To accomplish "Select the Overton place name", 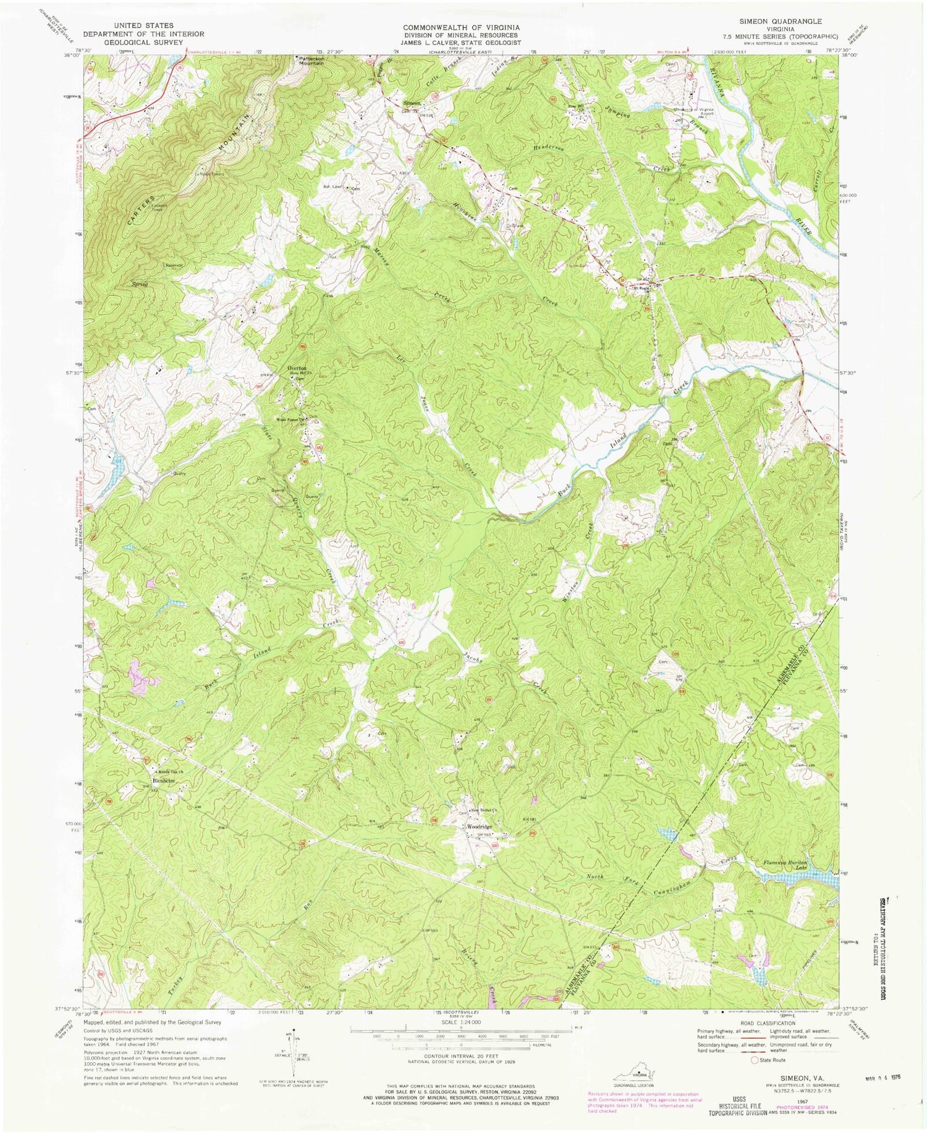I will pyautogui.click(x=297, y=366).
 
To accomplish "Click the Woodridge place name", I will pyautogui.click(x=480, y=827).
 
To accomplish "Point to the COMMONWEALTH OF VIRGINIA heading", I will pyautogui.click(x=462, y=28).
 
